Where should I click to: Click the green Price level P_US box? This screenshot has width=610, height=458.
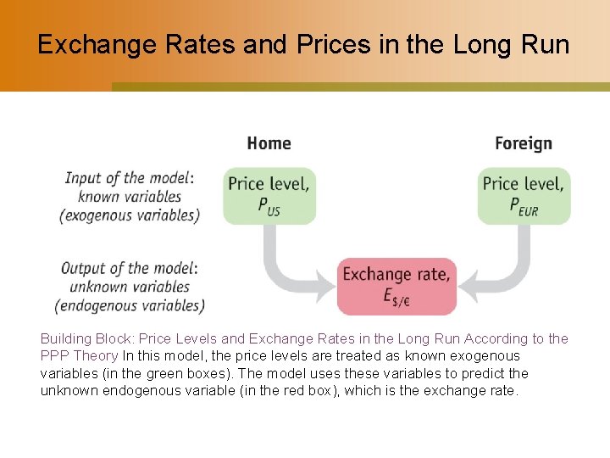(x=269, y=195)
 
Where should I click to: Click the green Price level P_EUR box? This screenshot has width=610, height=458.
(x=524, y=195)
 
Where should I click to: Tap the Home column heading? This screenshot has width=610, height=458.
(x=269, y=143)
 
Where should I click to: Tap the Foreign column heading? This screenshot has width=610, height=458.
(x=523, y=143)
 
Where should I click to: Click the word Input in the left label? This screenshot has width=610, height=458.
(x=83, y=178)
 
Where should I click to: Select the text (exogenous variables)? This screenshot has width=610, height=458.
(x=130, y=215)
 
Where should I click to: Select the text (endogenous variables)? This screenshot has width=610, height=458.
(x=130, y=305)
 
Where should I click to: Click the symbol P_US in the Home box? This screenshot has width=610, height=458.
(x=269, y=206)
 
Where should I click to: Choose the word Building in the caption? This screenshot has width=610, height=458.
(x=64, y=339)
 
